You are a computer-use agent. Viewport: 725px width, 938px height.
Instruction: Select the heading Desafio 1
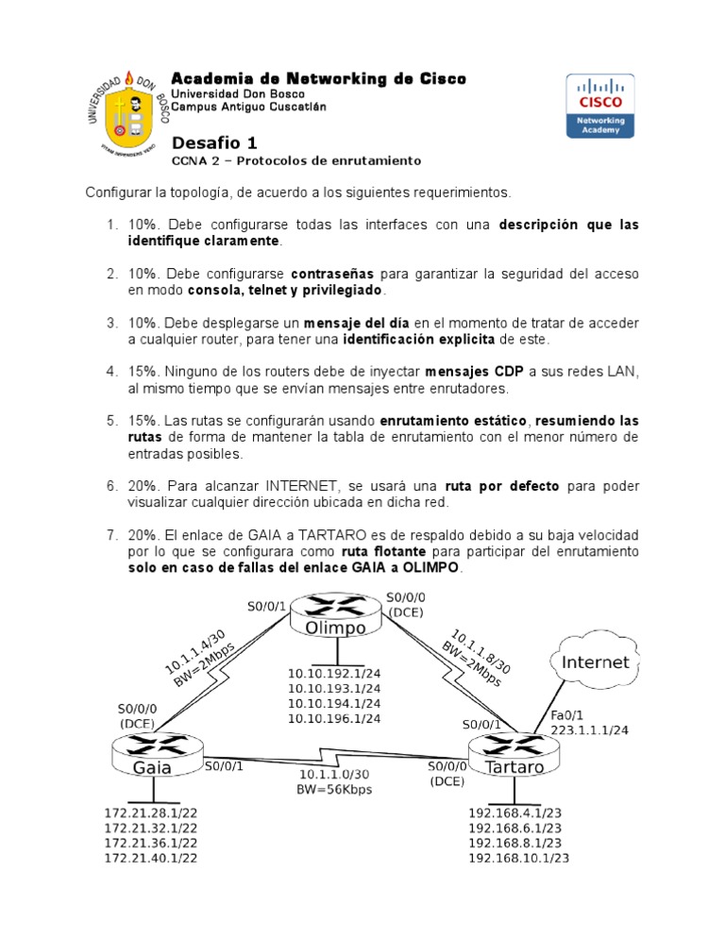pyautogui.click(x=214, y=143)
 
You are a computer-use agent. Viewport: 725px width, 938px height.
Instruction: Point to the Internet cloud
pyautogui.click(x=595, y=662)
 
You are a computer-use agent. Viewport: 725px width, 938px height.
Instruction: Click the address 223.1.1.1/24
pyautogui.click(x=589, y=730)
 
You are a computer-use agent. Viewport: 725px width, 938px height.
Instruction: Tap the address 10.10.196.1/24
pyautogui.click(x=336, y=718)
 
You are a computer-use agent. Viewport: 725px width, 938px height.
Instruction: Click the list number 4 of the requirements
pyautogui.click(x=110, y=372)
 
